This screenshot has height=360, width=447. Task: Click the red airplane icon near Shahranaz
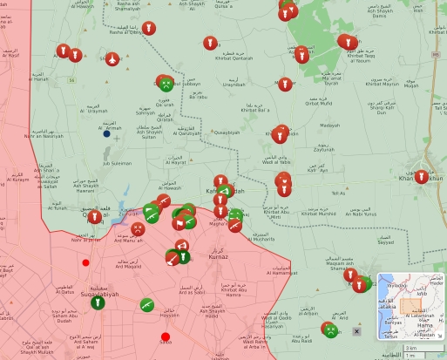[112, 58]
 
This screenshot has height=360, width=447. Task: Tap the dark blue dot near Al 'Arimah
[106, 133]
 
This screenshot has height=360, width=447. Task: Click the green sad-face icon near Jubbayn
[165, 83]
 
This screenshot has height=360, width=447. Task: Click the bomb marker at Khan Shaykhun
[422, 177]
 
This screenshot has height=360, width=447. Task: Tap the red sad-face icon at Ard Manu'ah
[138, 230]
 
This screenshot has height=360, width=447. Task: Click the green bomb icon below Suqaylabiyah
[96, 304]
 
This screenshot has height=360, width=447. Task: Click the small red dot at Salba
[166, 337]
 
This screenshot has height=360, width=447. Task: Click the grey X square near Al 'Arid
[356, 331]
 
